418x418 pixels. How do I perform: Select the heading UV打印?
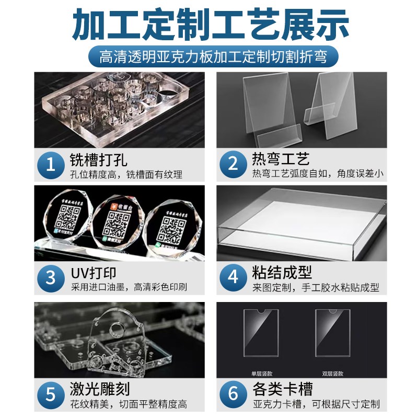93,273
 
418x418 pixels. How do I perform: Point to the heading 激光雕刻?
99,389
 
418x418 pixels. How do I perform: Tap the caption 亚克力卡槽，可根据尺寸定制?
316,404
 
